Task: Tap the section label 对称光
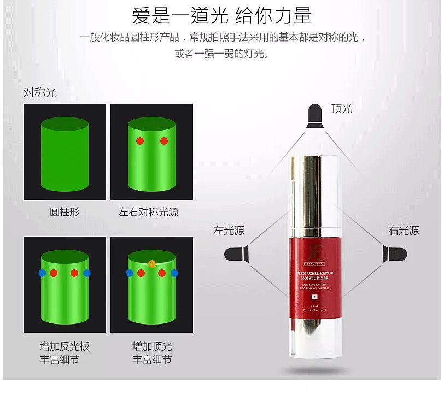pos(40,92)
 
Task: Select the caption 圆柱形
pos(64,211)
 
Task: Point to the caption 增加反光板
pos(65,346)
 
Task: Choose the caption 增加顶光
pos(152,346)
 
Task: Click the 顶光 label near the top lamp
pos(342,109)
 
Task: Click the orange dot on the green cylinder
pos(152,264)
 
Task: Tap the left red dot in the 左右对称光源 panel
pos(140,141)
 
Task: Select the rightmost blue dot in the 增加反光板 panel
pos(87,273)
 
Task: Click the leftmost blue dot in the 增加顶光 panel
pos(130,273)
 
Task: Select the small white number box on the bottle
pos(314,297)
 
